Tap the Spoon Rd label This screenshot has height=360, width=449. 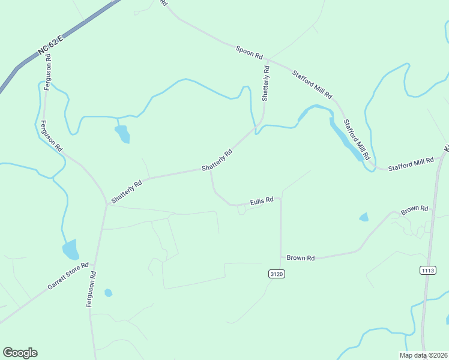[249, 52]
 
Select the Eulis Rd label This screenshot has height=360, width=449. [262, 200]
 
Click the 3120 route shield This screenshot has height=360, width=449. [276, 274]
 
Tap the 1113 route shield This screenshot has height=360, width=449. [427, 271]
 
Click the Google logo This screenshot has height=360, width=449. [20, 353]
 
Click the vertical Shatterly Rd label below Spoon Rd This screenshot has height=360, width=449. [266, 83]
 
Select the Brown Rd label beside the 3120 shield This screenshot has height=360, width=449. [301, 258]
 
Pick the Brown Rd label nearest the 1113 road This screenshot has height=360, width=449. [415, 209]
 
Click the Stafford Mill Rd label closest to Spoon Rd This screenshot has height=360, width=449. [312, 85]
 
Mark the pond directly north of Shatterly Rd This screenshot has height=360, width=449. [122, 134]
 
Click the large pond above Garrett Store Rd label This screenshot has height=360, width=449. [70, 249]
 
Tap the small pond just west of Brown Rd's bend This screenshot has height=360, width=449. [364, 217]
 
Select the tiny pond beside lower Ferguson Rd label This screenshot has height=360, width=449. [108, 293]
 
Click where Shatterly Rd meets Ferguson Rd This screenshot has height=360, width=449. [107, 204]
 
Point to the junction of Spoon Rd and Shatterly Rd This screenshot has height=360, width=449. [268, 59]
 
